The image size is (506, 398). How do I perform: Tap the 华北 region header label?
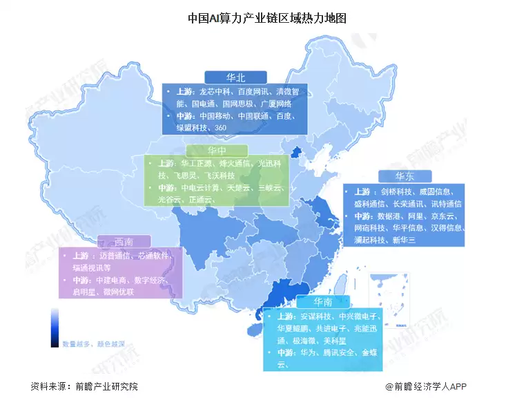pos(235,77)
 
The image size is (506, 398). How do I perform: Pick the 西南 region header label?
pos(124,241)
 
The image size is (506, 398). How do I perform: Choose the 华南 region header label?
pos(322,302)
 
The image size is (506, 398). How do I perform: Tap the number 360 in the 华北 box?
pos(221,128)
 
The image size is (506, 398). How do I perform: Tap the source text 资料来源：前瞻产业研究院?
pos(84,386)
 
